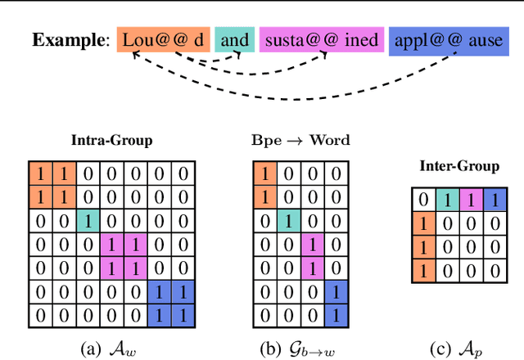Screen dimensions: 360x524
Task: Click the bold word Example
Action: [69, 40]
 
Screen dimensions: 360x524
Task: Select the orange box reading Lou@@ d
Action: [164, 40]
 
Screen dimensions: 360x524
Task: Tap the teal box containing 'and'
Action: [234, 40]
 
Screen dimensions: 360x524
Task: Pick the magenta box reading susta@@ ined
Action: [322, 40]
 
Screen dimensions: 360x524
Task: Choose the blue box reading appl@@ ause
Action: [447, 40]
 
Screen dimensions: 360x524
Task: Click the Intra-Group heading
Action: [112, 141]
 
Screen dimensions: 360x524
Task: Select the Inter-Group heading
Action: [458, 166]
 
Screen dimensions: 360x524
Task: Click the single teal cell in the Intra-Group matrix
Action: [88, 219]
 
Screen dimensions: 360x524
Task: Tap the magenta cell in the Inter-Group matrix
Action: [470, 200]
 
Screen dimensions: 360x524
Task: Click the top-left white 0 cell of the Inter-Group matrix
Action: [422, 200]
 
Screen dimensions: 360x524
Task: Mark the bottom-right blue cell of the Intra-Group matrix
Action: [186, 313]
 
